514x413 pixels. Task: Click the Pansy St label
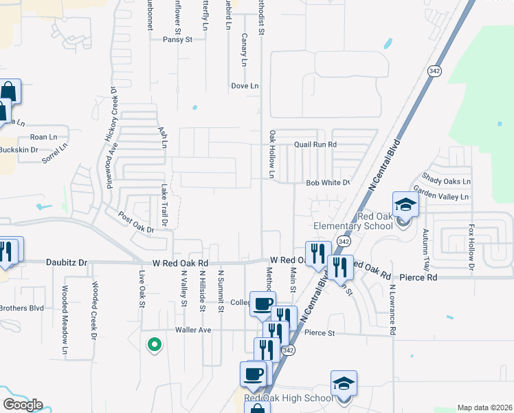pos(177,40)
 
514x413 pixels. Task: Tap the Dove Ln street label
pos(245,86)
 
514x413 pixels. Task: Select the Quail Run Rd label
pos(315,145)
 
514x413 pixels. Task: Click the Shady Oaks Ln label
pos(447,181)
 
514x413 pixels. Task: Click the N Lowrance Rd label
pos(391,310)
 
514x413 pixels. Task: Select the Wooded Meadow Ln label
pos(65,321)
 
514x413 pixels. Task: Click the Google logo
pos(22,405)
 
